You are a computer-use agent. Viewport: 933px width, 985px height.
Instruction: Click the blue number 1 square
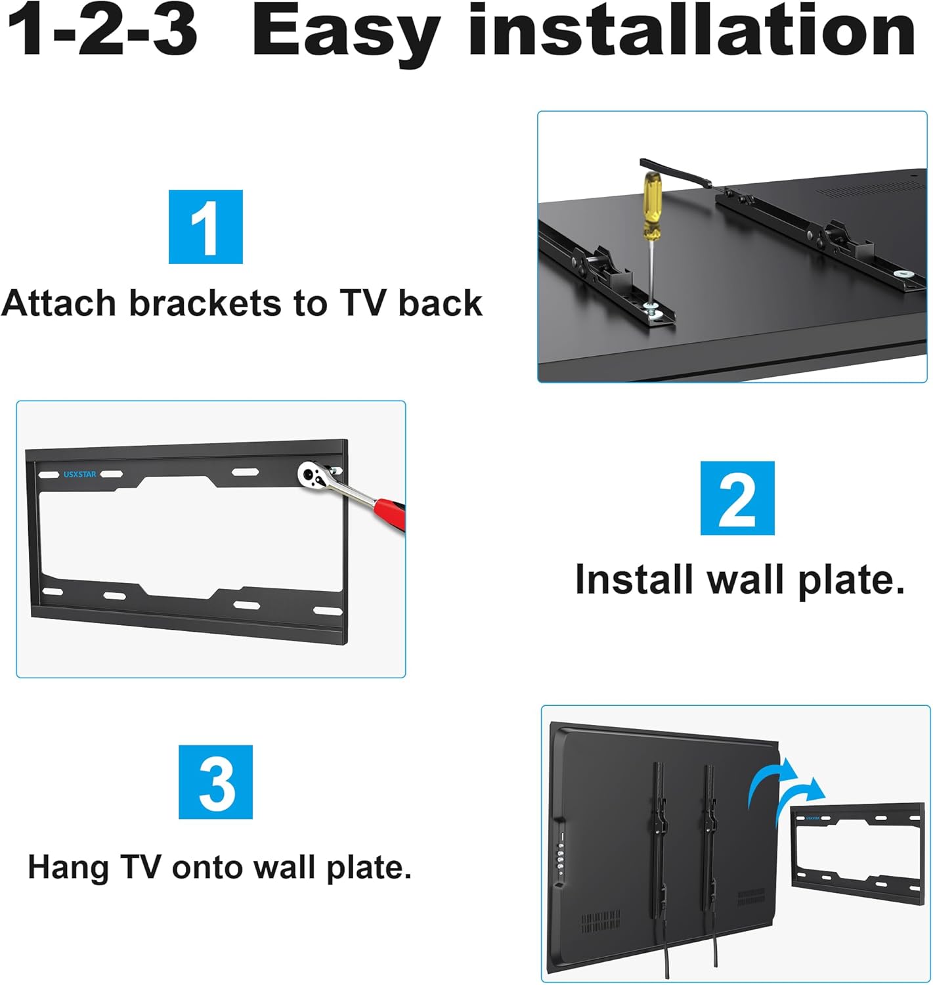click(206, 227)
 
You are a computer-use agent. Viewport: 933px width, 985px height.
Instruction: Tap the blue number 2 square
click(737, 498)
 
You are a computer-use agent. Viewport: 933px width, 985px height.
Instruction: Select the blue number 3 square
click(215, 781)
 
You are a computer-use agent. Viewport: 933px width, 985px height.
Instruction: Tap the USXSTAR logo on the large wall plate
click(80, 474)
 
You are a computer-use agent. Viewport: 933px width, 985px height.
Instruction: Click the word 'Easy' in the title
click(345, 32)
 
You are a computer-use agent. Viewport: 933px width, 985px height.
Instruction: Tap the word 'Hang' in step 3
click(68, 868)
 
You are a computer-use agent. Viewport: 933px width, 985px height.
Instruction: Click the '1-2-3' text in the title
click(102, 32)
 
